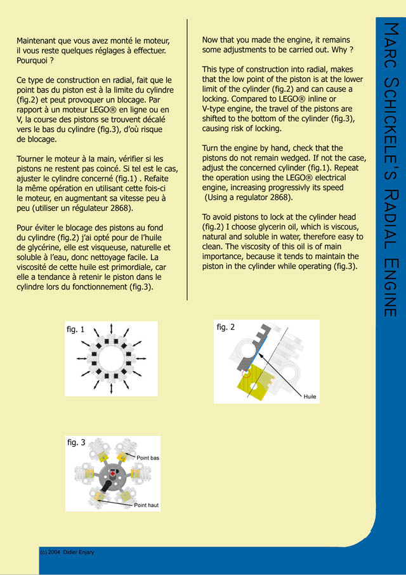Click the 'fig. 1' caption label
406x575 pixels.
[75, 329]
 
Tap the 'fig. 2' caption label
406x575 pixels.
[225, 327]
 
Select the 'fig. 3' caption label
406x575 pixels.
[76, 442]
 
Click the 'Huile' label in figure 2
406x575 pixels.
[310, 396]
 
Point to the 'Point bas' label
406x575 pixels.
[148, 458]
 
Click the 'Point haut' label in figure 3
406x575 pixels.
[147, 505]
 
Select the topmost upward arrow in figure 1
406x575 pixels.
[112, 327]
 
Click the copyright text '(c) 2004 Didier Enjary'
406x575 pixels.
[67, 552]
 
